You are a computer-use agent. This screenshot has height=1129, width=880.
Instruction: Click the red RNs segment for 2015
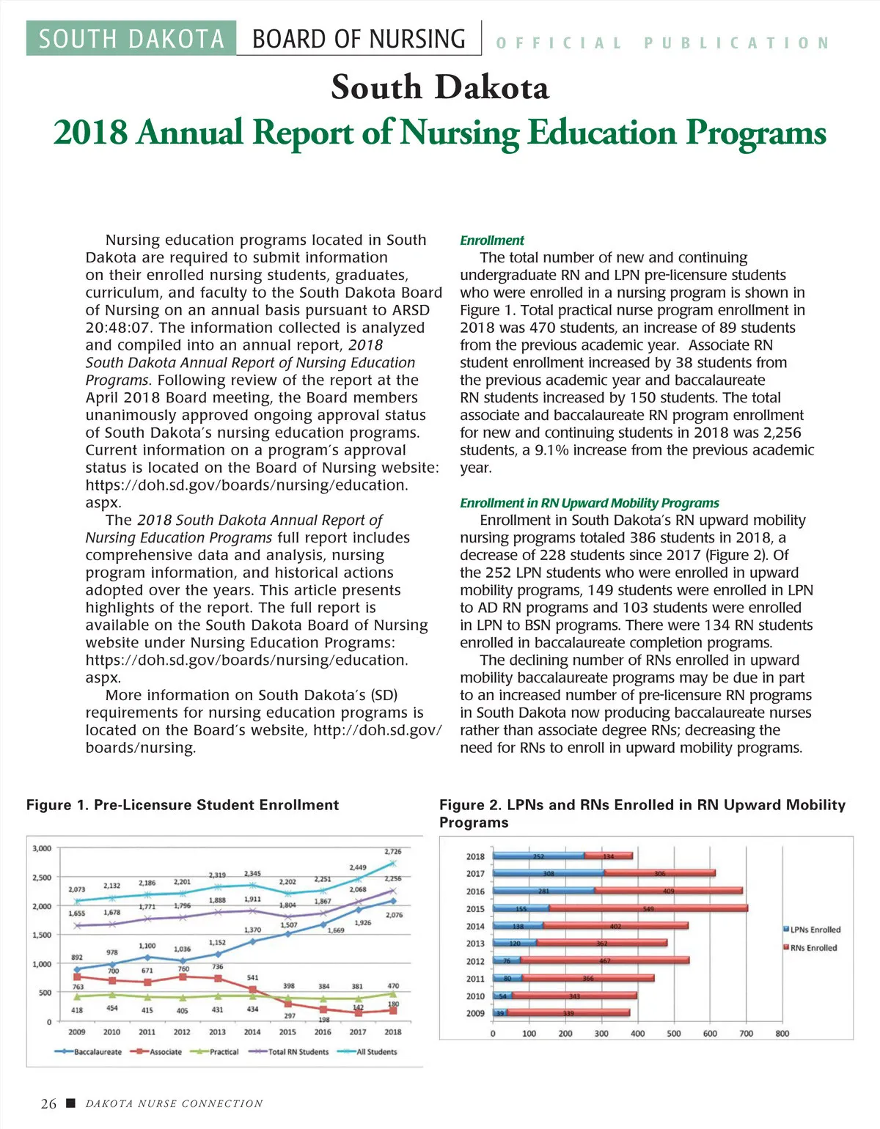point(648,908)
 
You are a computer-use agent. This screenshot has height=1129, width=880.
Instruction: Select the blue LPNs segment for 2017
point(548,873)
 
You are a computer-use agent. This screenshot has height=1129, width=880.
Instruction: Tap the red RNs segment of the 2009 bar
point(568,1013)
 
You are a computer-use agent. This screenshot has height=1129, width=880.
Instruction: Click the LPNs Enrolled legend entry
point(814,930)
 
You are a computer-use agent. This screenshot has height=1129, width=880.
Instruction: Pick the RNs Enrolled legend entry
point(812,948)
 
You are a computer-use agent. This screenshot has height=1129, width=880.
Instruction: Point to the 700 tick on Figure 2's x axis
point(746,1034)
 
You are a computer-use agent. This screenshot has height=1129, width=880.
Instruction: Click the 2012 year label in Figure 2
point(475,961)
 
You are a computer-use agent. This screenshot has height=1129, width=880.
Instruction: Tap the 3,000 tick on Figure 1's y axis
point(42,848)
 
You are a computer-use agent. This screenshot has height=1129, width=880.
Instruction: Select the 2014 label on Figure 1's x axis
point(252,1032)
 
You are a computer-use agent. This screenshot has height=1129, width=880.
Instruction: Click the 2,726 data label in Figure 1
point(393,852)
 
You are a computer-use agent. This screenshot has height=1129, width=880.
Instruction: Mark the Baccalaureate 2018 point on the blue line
point(393,901)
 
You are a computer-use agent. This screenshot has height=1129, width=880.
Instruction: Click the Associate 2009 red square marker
point(77,977)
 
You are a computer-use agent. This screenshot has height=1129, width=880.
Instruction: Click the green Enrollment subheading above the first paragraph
point(492,240)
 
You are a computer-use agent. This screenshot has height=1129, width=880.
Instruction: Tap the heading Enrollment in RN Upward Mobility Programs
point(589,503)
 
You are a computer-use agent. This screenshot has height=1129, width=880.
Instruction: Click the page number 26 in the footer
point(48,1104)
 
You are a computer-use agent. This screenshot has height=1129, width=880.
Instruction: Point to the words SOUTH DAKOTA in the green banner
point(131,39)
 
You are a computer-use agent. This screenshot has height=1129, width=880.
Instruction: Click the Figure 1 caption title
point(183,805)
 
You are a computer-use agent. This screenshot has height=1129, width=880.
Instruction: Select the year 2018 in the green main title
point(90,133)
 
